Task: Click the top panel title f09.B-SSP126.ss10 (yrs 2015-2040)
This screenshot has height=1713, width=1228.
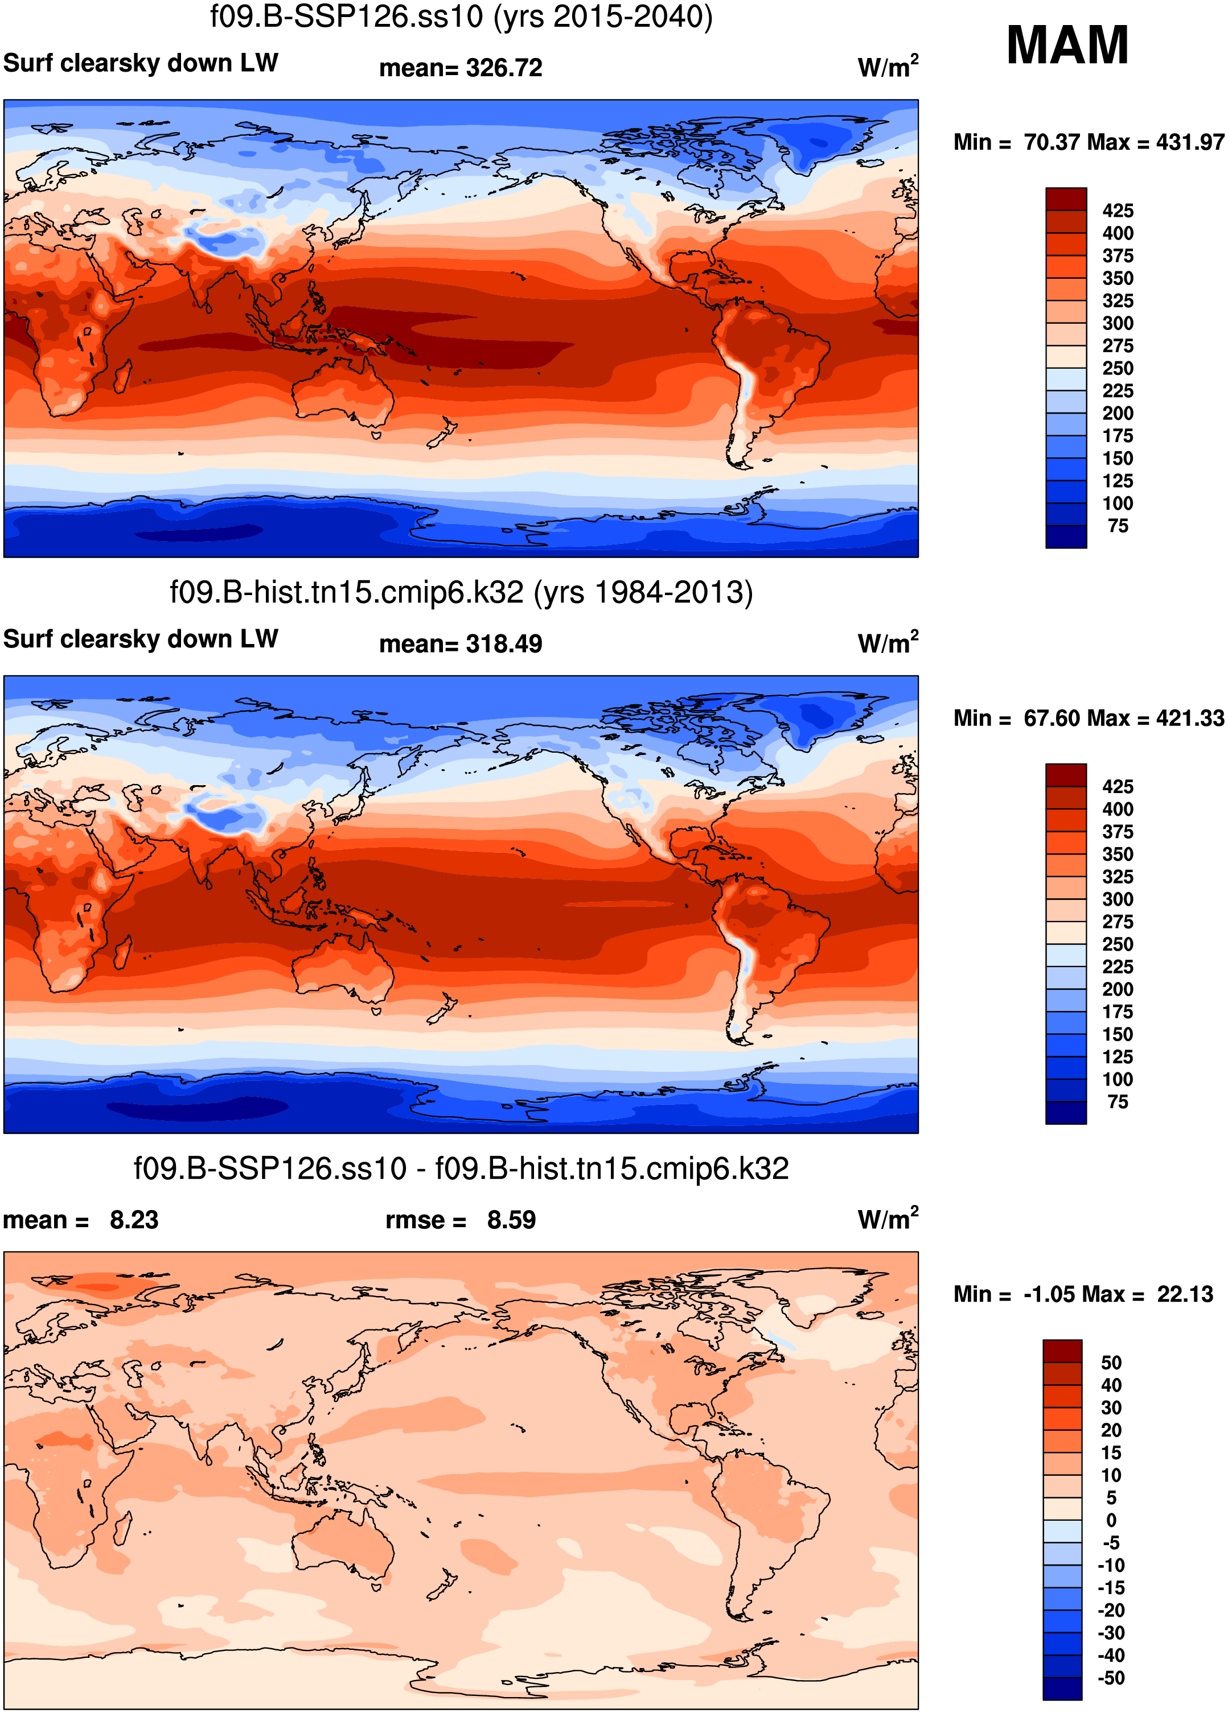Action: (x=461, y=16)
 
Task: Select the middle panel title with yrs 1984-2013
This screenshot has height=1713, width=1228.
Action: (x=461, y=592)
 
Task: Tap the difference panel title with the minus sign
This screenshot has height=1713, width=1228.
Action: (x=461, y=1169)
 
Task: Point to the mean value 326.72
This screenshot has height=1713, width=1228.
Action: (x=504, y=68)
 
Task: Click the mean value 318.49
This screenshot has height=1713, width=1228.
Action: (x=504, y=644)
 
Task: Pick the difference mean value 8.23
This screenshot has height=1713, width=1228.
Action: (x=134, y=1220)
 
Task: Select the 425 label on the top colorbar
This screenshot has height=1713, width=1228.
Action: (x=1118, y=210)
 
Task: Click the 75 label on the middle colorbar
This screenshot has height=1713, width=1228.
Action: (x=1118, y=1102)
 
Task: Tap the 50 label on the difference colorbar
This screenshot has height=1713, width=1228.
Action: (x=1111, y=1363)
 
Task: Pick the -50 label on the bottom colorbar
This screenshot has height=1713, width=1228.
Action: (x=1111, y=1678)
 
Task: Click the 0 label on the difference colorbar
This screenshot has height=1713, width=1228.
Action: (x=1111, y=1520)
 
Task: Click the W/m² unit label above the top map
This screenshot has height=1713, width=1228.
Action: (x=888, y=67)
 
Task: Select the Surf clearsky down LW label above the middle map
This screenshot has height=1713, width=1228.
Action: (x=141, y=639)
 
